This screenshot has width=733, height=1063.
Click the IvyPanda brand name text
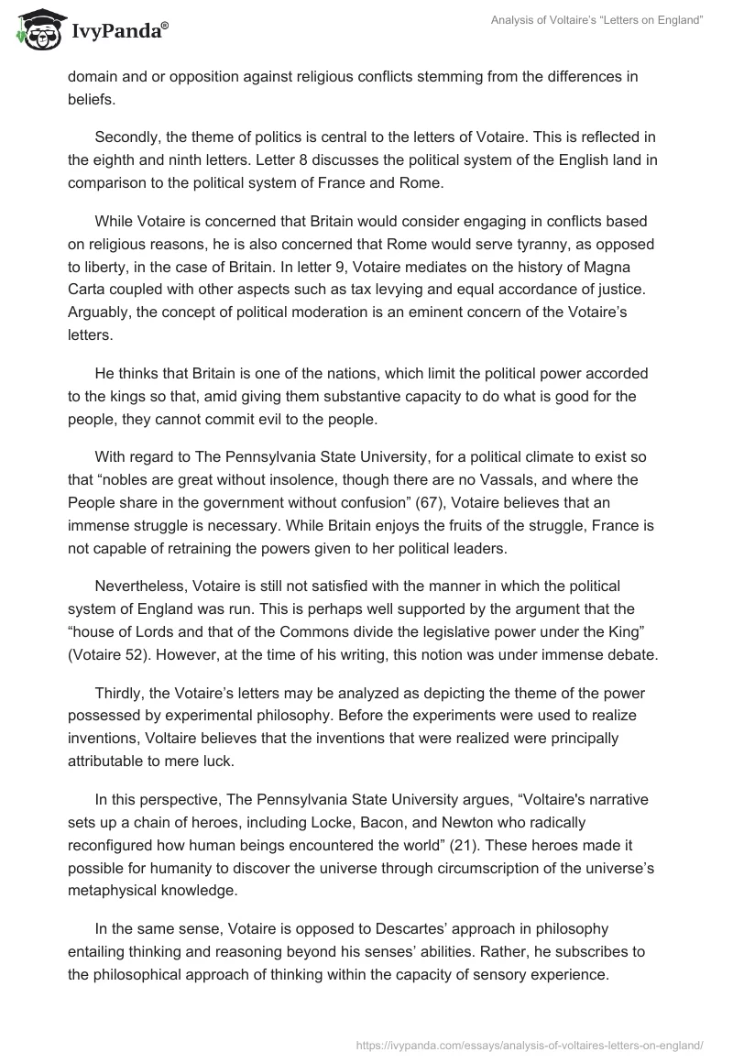117,34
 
